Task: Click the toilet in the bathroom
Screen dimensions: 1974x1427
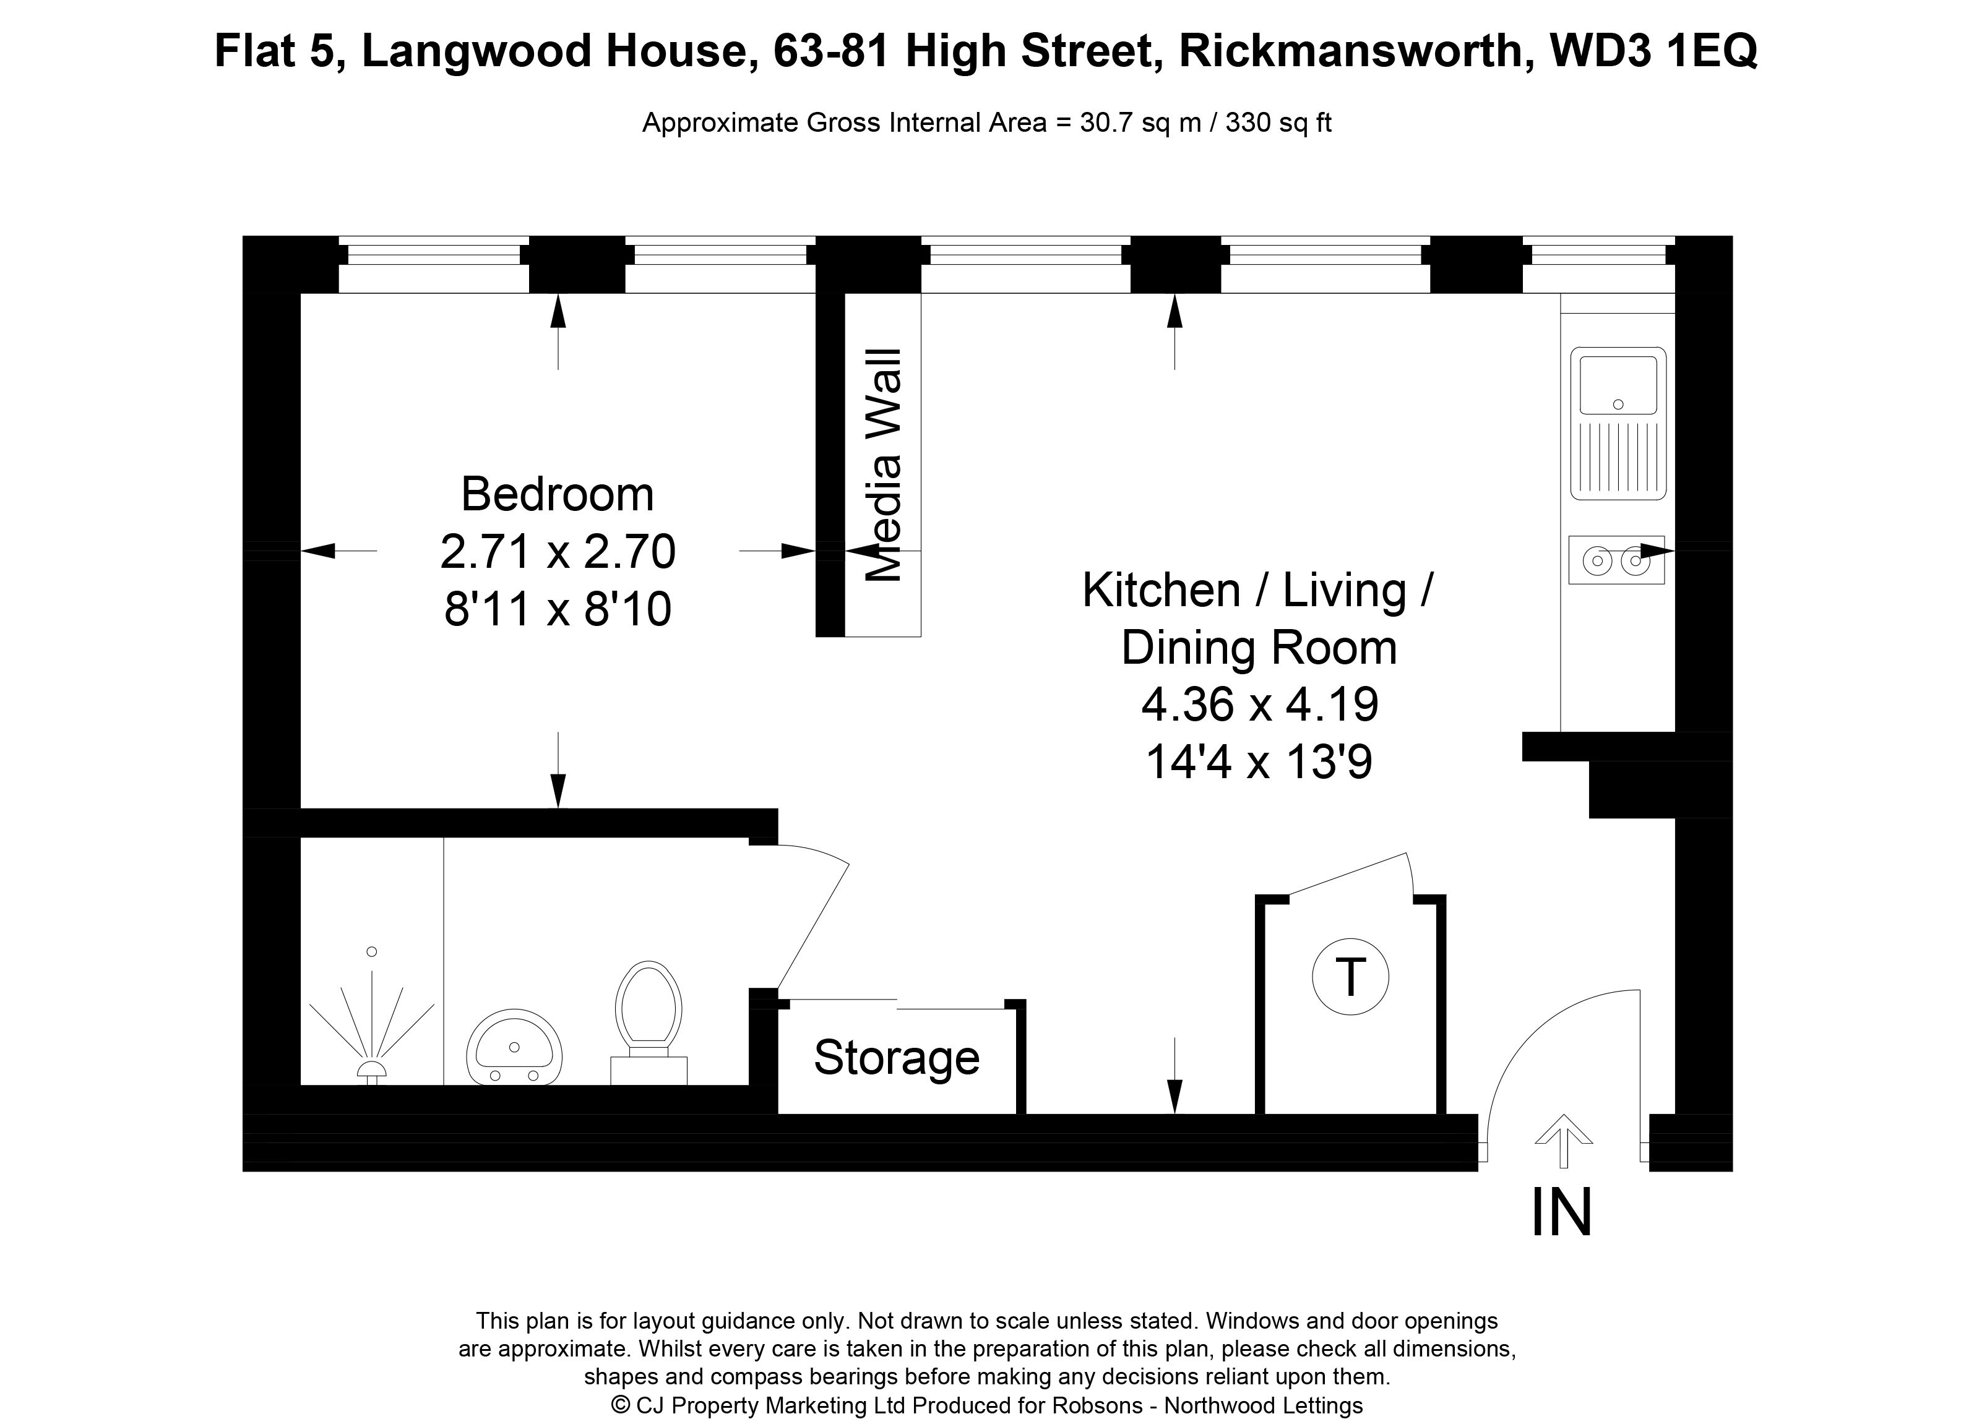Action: pos(649,1023)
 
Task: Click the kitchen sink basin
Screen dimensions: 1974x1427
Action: pos(1618,385)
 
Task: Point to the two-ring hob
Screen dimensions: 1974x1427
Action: pos(1616,560)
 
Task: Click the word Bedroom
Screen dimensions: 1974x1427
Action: pos(557,494)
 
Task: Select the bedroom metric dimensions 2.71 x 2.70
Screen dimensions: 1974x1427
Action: pos(558,552)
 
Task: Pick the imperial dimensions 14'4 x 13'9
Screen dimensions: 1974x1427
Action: pos(1259,762)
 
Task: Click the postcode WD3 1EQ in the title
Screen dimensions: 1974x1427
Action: pos(1655,51)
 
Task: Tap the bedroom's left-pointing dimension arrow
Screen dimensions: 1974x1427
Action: pos(338,551)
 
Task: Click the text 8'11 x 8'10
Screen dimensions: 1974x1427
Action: pos(558,609)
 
